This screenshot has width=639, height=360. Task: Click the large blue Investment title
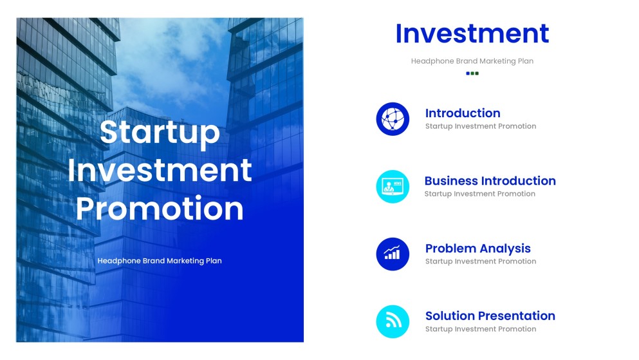472,33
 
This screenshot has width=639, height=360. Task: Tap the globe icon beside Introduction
393,119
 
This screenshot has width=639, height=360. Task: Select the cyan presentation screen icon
393,187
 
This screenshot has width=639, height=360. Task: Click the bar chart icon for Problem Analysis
393,254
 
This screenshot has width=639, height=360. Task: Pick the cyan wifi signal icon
393,321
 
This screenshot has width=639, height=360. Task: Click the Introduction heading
463,113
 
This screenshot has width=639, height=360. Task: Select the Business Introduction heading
490,181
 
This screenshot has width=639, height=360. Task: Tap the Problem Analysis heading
477,249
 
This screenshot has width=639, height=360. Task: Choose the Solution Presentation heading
490,316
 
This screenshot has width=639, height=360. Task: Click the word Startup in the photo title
160,132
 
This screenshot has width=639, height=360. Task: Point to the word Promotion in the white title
160,209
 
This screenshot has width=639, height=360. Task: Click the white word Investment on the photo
160,170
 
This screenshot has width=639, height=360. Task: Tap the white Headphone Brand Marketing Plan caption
160,261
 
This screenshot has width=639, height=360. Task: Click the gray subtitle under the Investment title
472,61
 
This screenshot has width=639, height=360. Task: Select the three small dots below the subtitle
472,73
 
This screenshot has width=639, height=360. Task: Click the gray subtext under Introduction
480,126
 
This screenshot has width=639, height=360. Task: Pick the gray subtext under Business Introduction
479,194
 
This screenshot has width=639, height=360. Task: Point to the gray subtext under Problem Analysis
480,261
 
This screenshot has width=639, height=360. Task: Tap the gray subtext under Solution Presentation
480,329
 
